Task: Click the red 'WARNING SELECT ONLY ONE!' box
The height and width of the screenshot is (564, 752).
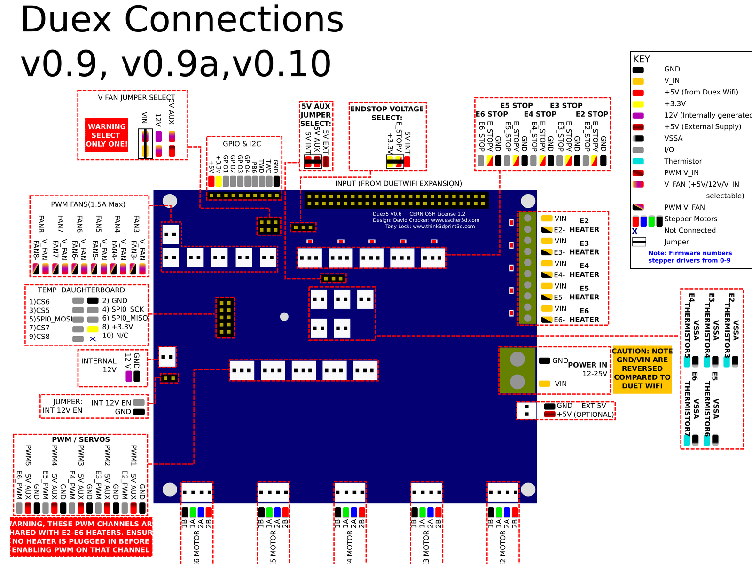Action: (107, 135)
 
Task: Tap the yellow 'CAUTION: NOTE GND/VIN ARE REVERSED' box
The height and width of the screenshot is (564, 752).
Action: (642, 368)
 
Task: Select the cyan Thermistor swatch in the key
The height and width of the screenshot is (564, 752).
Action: (638, 161)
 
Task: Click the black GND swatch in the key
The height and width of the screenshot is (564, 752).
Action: (638, 70)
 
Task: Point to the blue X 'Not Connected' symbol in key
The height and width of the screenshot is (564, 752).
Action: (635, 231)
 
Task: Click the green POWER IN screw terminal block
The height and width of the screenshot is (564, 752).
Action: (517, 371)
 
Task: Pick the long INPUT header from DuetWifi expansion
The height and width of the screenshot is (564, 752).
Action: (397, 200)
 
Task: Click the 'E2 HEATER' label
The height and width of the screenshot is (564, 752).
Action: (584, 225)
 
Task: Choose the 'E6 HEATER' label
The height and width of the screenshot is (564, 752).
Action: (584, 315)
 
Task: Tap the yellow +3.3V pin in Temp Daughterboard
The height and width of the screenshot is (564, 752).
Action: (93, 329)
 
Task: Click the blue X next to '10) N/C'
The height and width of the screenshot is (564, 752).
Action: (93, 339)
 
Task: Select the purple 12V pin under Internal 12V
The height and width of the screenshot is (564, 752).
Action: (129, 376)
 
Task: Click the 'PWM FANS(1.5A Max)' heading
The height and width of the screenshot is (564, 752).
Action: (88, 204)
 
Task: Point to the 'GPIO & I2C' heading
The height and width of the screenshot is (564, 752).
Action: (242, 144)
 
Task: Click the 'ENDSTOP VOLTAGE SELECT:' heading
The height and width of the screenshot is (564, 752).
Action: (387, 113)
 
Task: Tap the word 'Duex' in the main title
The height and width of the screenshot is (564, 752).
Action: (66, 21)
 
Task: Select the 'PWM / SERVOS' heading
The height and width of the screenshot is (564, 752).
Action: (81, 439)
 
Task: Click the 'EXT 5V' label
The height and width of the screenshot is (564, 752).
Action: (594, 406)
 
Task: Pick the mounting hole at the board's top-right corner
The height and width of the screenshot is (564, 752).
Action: (528, 201)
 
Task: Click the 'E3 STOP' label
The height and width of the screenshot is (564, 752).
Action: (566, 106)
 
